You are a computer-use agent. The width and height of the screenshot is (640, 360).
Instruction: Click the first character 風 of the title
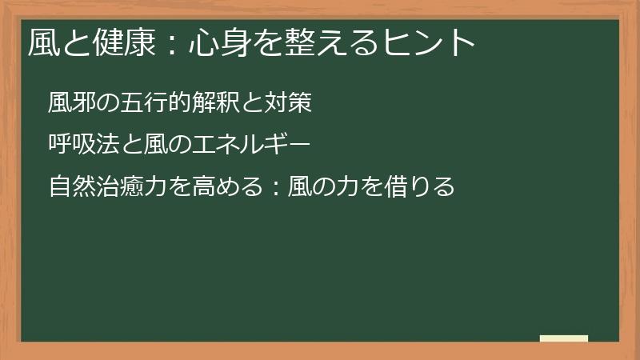click(x=43, y=42)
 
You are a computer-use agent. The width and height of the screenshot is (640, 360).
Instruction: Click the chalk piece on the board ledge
click(x=564, y=338)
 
